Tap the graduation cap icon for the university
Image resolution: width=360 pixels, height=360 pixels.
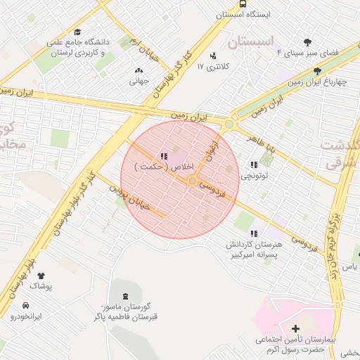coord(77,32)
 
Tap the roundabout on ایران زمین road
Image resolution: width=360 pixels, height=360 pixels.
coord(229,125)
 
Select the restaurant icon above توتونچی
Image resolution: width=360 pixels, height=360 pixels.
coord(253,165)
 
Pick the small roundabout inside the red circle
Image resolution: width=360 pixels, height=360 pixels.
coord(192,181)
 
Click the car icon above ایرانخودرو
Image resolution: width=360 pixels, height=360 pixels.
coord(26,306)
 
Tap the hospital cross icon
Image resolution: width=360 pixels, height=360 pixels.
coord(295,328)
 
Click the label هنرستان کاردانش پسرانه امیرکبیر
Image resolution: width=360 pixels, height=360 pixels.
coord(253,249)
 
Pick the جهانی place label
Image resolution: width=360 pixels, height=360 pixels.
coord(136,81)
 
